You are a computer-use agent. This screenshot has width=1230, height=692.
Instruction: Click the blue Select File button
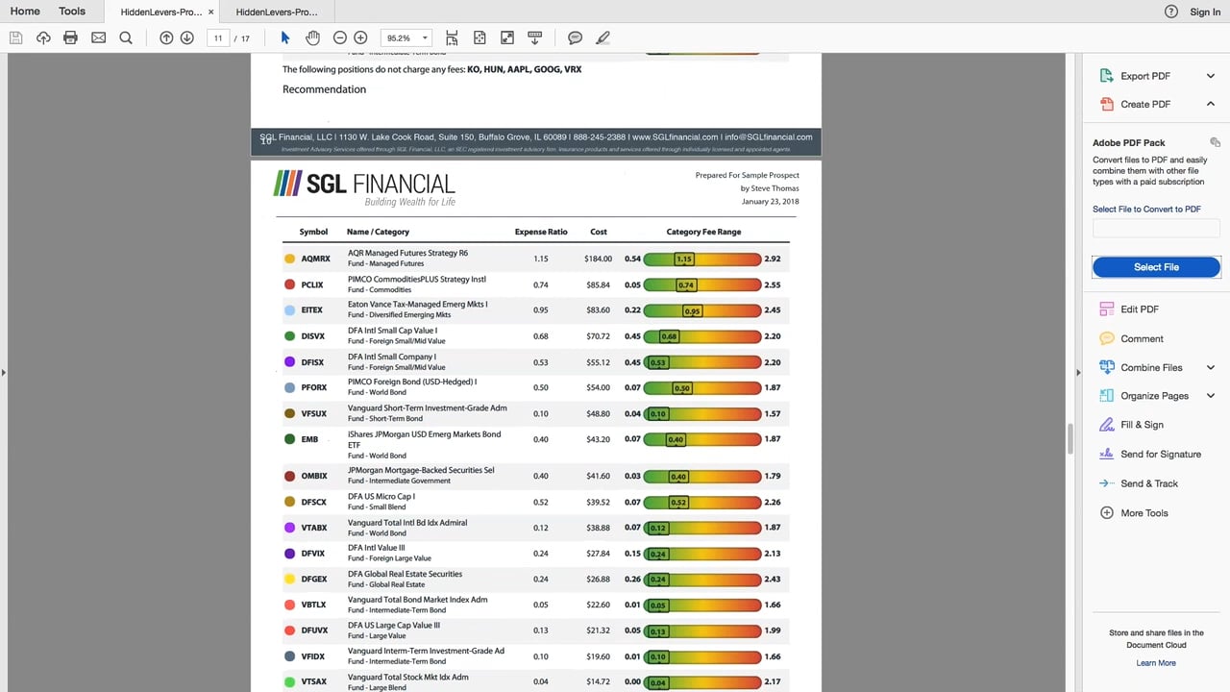click(1156, 267)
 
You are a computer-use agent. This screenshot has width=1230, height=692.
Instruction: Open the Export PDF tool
click(1144, 76)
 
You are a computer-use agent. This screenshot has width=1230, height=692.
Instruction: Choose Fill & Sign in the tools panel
click(1142, 425)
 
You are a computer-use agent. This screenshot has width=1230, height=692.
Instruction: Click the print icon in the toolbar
click(70, 37)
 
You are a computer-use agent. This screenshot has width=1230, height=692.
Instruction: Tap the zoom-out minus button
click(339, 37)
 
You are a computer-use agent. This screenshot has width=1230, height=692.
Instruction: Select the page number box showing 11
click(218, 38)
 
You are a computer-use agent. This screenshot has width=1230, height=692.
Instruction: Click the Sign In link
click(1204, 12)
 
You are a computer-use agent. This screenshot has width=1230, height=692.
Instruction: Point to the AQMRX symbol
click(315, 259)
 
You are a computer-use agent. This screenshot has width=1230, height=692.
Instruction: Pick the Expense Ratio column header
click(541, 232)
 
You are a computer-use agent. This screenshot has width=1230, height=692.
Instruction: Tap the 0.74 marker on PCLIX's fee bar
click(685, 285)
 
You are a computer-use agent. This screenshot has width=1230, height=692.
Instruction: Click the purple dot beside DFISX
click(289, 362)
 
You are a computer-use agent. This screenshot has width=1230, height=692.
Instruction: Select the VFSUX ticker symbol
click(314, 414)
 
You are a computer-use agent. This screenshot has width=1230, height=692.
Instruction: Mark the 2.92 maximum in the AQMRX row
click(772, 259)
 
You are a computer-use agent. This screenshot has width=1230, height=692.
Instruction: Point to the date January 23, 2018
click(770, 202)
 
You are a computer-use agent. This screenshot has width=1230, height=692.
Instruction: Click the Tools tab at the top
click(72, 12)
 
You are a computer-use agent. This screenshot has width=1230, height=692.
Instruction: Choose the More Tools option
click(1144, 513)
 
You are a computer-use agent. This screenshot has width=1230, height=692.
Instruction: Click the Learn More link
click(1155, 663)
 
